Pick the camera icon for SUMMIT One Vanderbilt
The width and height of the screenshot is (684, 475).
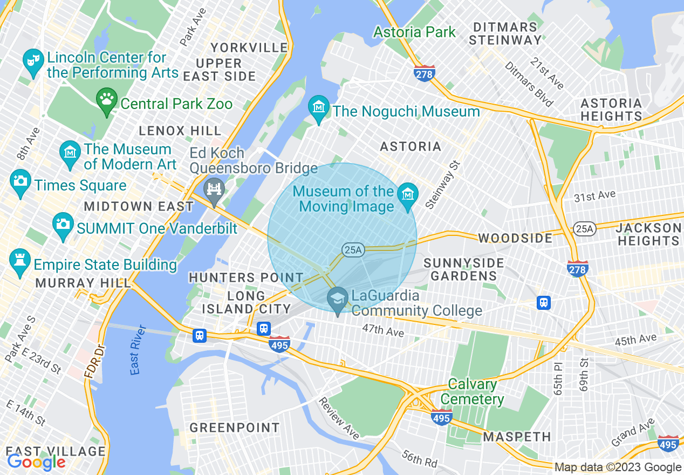(x=63, y=223)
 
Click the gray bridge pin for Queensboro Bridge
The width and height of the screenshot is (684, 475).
(x=215, y=189)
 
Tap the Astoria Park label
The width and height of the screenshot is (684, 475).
(x=414, y=32)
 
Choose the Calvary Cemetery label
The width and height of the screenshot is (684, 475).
(x=473, y=392)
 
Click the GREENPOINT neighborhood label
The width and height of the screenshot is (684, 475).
(x=235, y=428)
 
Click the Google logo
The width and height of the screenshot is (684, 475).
(x=36, y=462)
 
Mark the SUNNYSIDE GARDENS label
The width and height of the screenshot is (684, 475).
(x=463, y=269)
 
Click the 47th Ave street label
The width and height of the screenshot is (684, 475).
(x=382, y=330)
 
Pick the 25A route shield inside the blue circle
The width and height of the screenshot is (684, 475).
(x=352, y=250)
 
